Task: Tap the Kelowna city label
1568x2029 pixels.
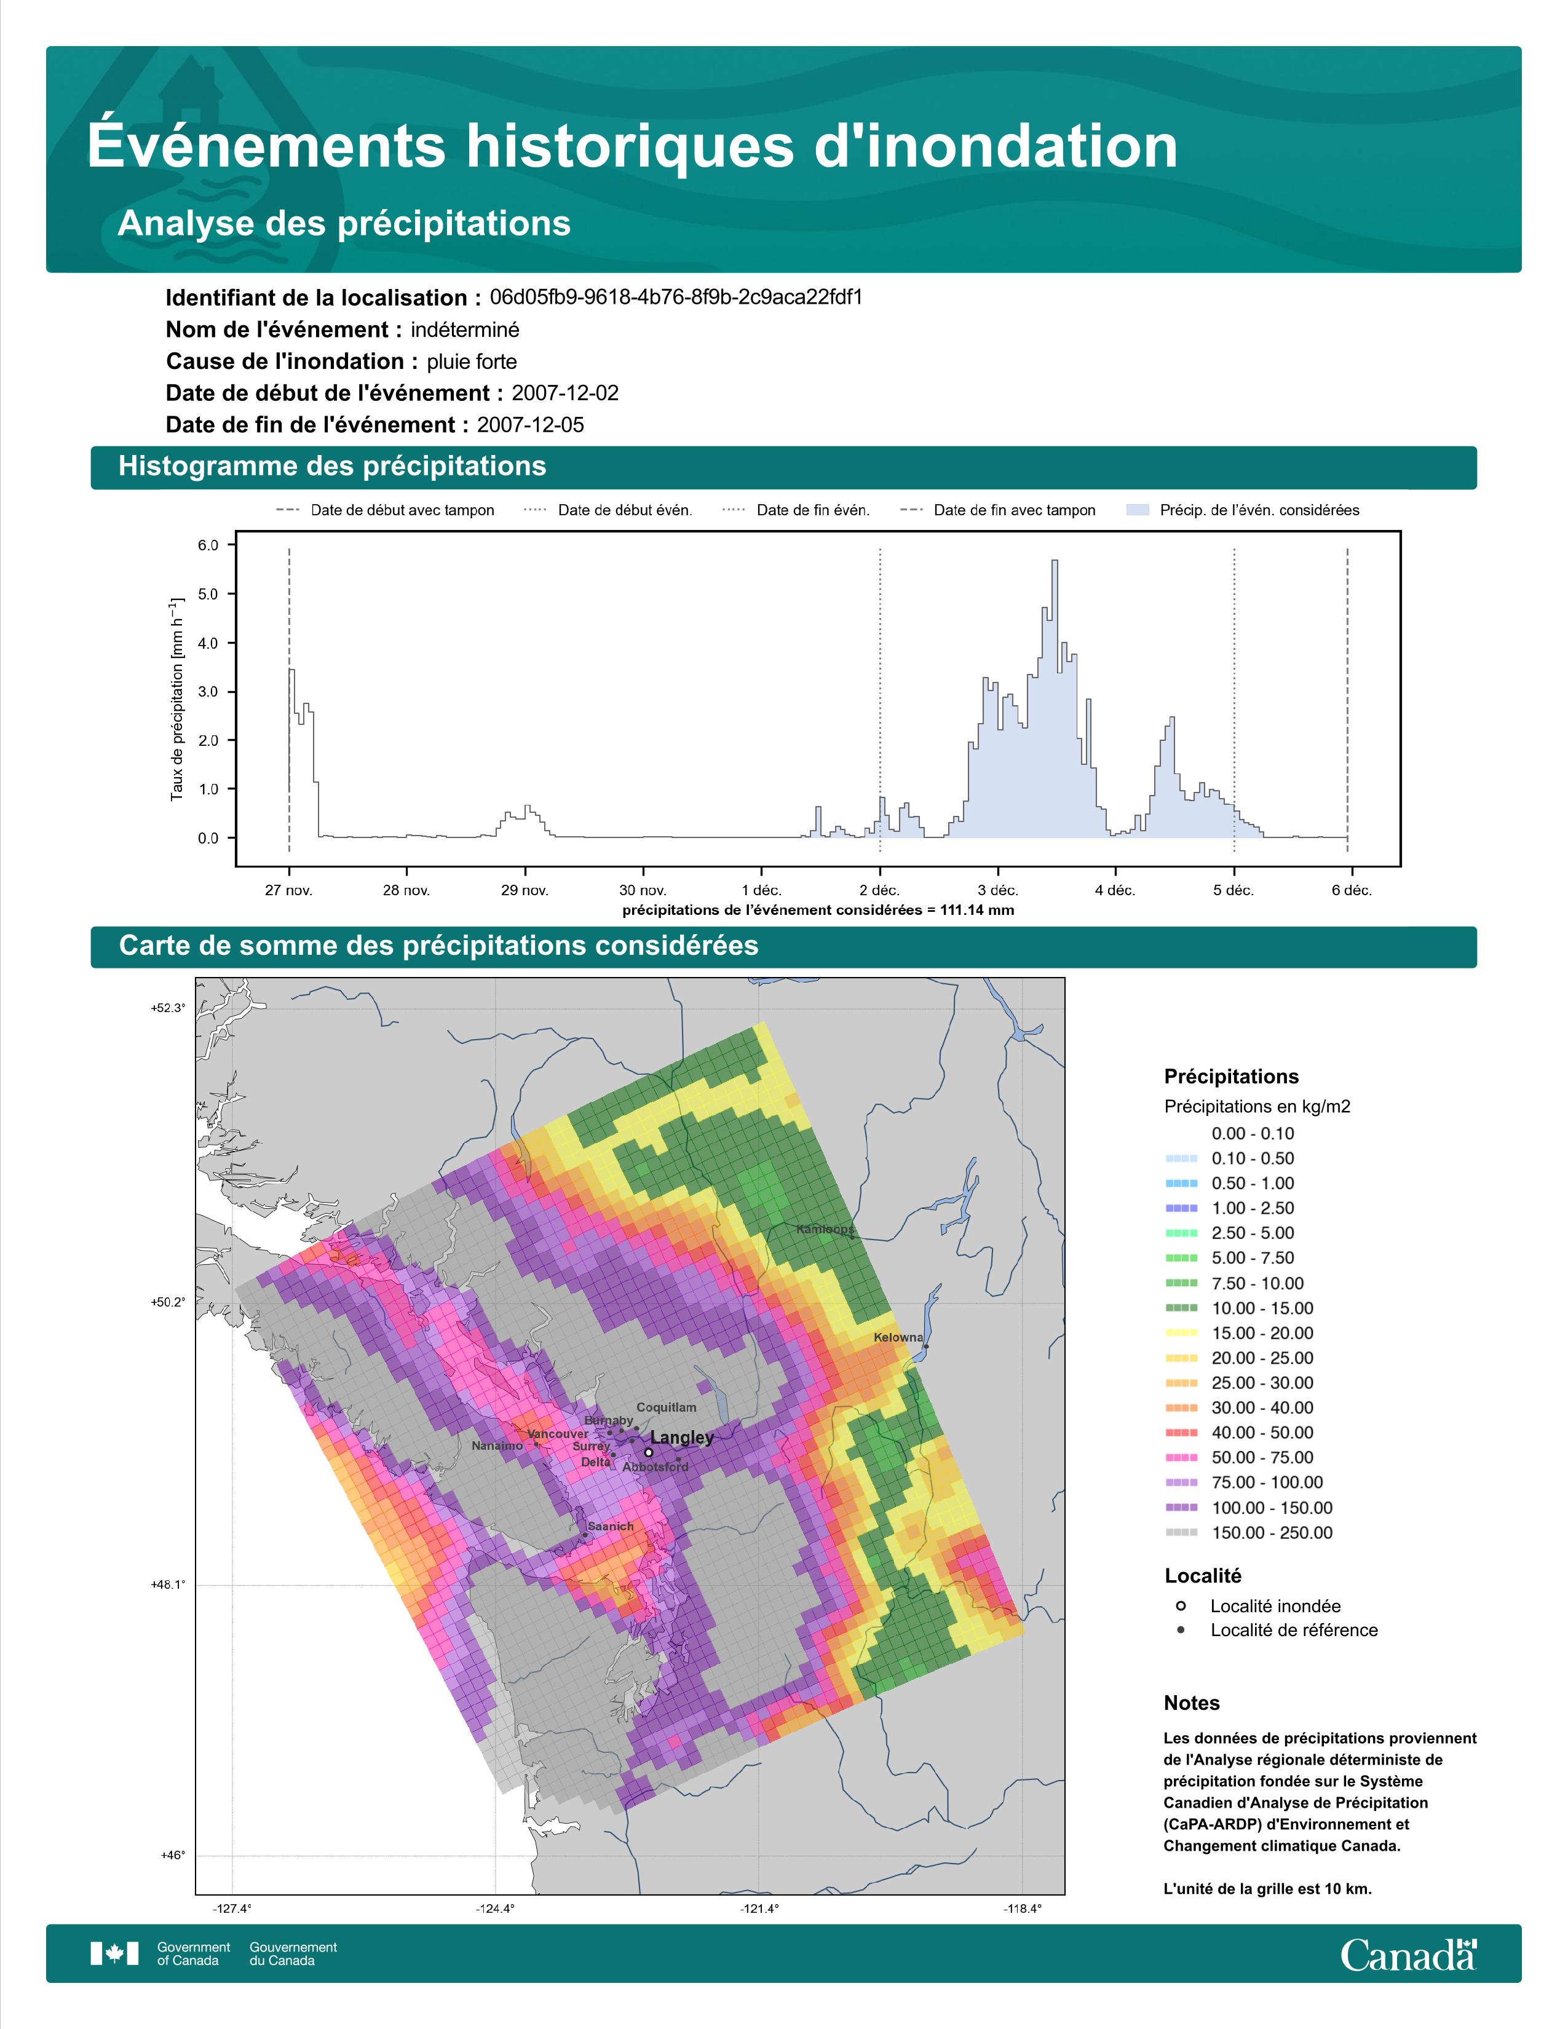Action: tap(898, 1338)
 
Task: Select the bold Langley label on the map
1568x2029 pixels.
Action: tap(682, 1438)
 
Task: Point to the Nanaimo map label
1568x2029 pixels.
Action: tap(497, 1446)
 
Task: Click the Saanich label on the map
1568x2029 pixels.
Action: tap(611, 1527)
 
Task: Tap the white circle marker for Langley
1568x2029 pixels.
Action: tap(648, 1452)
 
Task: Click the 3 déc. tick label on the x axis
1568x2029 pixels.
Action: tap(997, 890)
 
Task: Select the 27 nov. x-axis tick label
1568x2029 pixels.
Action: tap(289, 890)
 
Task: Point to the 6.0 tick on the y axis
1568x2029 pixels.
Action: tap(207, 545)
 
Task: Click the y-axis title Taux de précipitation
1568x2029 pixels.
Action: tap(176, 700)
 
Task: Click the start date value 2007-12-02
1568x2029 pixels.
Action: tap(564, 393)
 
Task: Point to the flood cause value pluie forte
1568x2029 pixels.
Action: tap(472, 362)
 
